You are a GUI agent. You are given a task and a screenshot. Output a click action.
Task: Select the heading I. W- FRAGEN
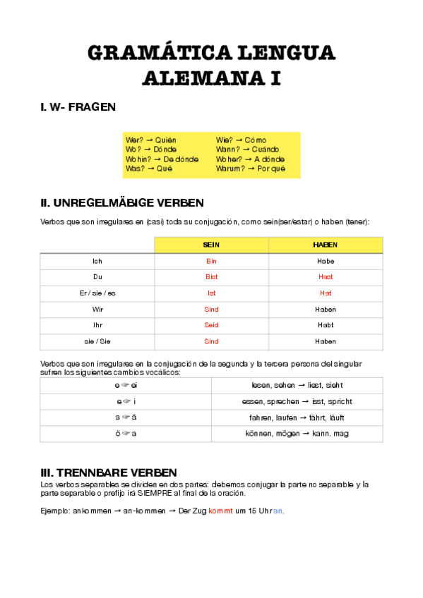tap(78, 107)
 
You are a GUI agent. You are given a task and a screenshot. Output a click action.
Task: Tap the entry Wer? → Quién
tap(150, 140)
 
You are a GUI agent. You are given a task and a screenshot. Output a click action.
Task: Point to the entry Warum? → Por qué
tap(251, 169)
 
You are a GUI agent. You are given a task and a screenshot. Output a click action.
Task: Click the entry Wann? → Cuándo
tap(247, 149)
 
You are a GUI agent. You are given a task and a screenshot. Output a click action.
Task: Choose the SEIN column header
tap(211, 245)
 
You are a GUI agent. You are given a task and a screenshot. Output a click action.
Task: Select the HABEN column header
tap(326, 245)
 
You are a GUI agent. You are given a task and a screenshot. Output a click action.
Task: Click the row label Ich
tap(97, 261)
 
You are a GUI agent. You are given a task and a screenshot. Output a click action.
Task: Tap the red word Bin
tap(211, 261)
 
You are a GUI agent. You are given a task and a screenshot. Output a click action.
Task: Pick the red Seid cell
tap(211, 325)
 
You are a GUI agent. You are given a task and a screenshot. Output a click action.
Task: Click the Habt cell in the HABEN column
tap(326, 325)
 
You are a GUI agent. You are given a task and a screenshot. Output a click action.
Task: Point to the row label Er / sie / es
tap(97, 293)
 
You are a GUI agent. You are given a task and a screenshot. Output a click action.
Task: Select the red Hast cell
tap(326, 277)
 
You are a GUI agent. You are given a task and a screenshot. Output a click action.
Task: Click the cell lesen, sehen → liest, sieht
tap(297, 385)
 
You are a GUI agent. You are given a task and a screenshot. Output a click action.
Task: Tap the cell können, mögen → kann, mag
tap(297, 434)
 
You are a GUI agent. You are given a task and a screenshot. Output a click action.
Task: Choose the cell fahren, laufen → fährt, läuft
tap(297, 417)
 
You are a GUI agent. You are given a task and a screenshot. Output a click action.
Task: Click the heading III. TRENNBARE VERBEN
tap(109, 472)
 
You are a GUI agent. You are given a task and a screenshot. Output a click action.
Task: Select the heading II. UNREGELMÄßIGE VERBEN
tap(122, 203)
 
